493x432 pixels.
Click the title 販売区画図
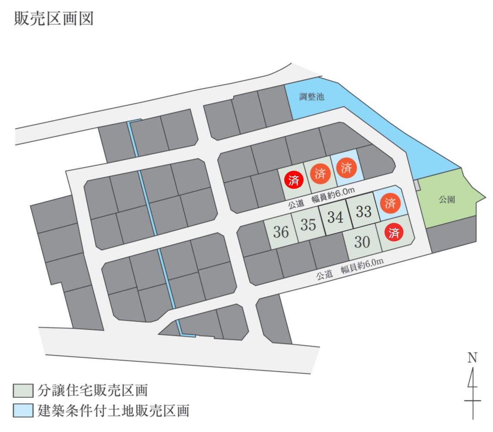[54, 19]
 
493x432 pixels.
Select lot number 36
[281, 232]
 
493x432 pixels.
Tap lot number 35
[308, 225]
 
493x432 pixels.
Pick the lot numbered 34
[335, 217]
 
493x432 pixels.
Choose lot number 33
[363, 211]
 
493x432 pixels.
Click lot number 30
[362, 242]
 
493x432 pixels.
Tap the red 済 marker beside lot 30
[394, 233]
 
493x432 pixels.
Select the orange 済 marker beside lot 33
[390, 203]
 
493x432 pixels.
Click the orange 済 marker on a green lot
[320, 173]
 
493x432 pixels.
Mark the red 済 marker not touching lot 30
[294, 180]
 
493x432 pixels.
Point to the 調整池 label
[312, 96]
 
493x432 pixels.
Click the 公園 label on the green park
[447, 199]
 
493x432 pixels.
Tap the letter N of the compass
[472, 358]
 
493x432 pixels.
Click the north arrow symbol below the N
[473, 393]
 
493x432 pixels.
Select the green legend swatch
[23, 391]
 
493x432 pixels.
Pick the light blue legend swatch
[23, 410]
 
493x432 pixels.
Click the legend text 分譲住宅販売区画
[93, 391]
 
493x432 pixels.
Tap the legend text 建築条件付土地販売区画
[114, 410]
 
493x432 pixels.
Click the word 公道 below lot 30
[325, 275]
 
